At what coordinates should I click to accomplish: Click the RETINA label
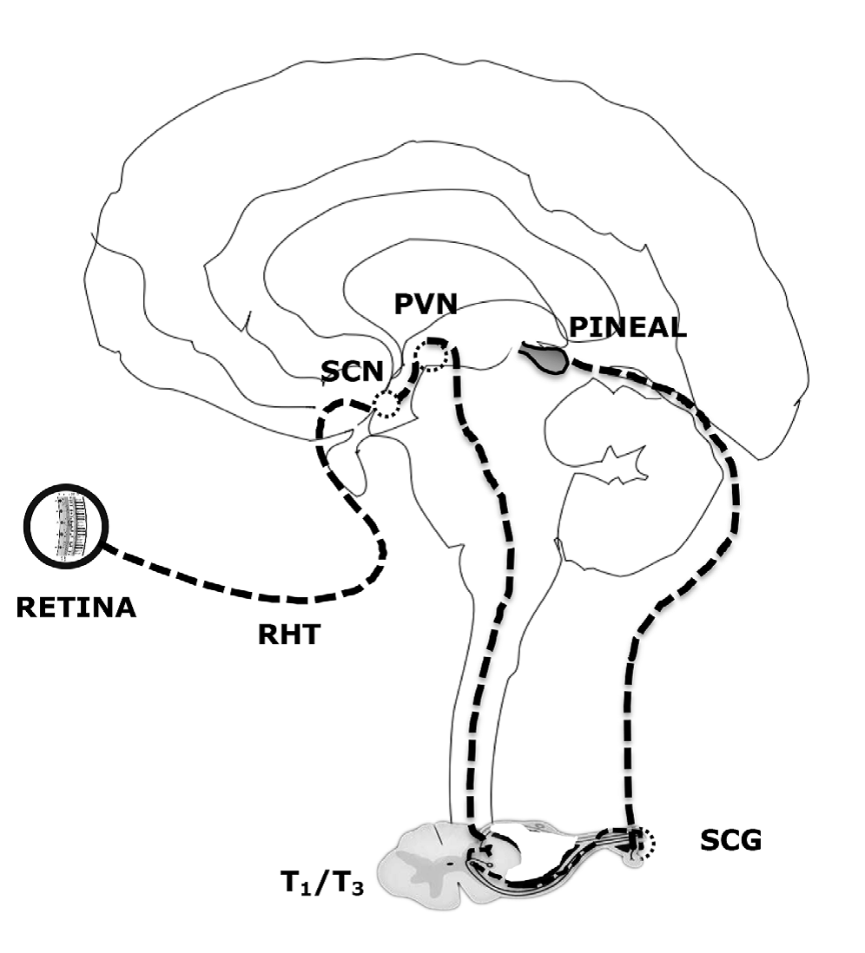coord(76,607)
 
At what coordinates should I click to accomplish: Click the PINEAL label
coord(627,327)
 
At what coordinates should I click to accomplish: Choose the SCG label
coord(730,840)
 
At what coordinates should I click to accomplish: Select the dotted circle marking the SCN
coord(385,404)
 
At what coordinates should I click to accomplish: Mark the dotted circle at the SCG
coord(642,840)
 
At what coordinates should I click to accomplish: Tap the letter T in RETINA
coord(74,607)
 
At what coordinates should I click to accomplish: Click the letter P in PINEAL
coord(578,327)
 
